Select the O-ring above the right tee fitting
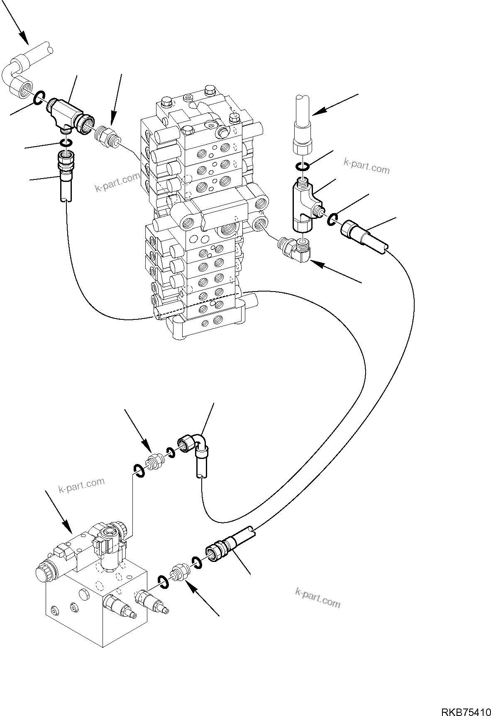point(302,167)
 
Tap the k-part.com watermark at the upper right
point(366,166)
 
